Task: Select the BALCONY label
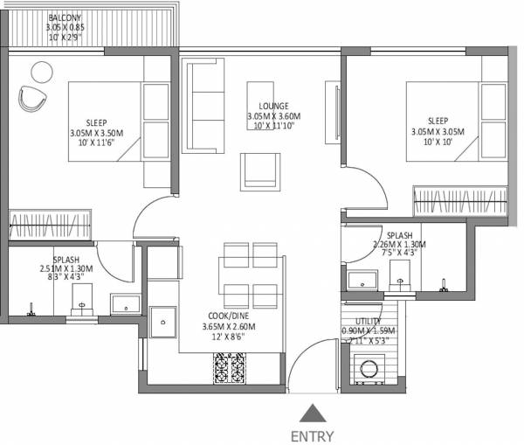pyautogui.click(x=65, y=18)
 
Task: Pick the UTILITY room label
pyautogui.click(x=369, y=321)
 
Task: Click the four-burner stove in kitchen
pyautogui.click(x=230, y=367)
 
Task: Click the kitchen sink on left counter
pyautogui.click(x=162, y=324)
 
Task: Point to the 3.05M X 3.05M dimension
pyautogui.click(x=438, y=132)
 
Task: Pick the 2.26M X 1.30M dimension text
pyautogui.click(x=399, y=246)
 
